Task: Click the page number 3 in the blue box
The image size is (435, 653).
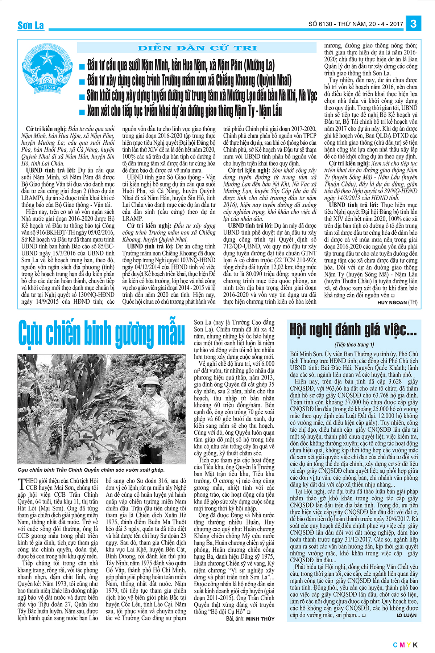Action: pos(413,24)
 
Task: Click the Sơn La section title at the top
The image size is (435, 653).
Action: pos(31,25)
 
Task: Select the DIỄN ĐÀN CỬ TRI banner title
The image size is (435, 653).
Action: pos(197,48)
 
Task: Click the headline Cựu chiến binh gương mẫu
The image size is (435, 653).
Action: pos(101,333)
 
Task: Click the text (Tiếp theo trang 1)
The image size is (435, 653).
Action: pos(354,345)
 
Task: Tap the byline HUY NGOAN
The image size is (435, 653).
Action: pos(392,302)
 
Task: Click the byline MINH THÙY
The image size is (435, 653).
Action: pos(260,619)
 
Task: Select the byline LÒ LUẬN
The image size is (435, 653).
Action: pos(406,615)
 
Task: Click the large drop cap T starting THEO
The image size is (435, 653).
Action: pos(21,484)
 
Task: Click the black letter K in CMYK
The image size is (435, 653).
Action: pos(415,645)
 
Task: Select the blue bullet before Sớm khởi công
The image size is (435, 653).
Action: pos(82,96)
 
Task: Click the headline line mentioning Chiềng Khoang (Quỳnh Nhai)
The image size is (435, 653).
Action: pos(188,81)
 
